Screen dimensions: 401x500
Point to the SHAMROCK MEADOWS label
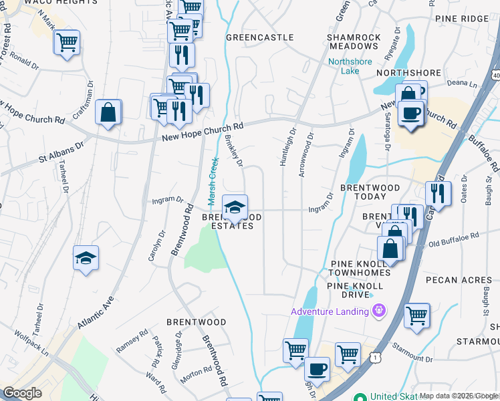[354, 41]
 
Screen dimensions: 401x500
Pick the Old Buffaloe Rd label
[454, 237]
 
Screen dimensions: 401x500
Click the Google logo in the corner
[22, 393]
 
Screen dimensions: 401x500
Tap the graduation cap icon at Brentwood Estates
[234, 208]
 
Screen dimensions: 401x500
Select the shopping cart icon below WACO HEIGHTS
[66, 43]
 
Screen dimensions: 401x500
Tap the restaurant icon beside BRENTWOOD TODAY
[438, 194]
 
